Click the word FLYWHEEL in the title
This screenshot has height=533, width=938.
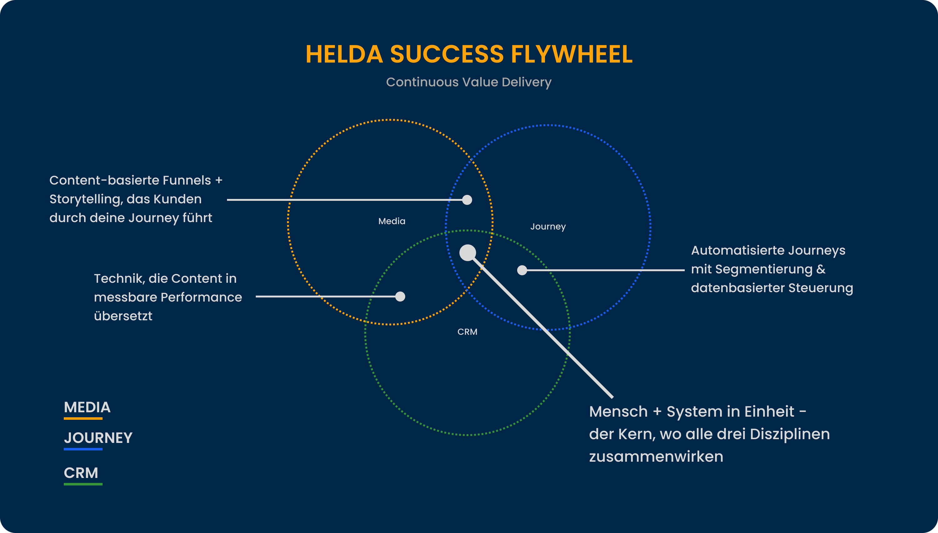click(x=572, y=54)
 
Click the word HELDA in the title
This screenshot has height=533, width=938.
click(x=344, y=54)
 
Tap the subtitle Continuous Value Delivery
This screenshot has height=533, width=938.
click(x=469, y=82)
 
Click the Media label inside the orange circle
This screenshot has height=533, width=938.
click(x=392, y=221)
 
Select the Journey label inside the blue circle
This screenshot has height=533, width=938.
click(x=548, y=226)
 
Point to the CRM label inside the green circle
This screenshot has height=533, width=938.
click(x=467, y=332)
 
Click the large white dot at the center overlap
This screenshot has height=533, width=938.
click(x=467, y=253)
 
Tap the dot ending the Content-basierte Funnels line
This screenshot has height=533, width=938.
click(x=467, y=200)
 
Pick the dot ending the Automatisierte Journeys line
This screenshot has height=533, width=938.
click(x=522, y=270)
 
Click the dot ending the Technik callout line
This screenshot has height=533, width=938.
click(x=400, y=297)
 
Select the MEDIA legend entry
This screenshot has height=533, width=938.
click(x=87, y=408)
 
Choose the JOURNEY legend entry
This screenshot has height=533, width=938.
click(x=98, y=438)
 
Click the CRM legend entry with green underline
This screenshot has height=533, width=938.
click(x=81, y=473)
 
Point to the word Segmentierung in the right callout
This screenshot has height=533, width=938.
click(x=764, y=269)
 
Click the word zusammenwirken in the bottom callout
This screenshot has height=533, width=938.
click(x=656, y=457)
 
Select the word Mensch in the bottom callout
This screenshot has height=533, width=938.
click(x=618, y=411)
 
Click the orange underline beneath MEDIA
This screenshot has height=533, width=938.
click(x=83, y=418)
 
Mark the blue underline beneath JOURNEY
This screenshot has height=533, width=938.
click(x=83, y=449)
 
